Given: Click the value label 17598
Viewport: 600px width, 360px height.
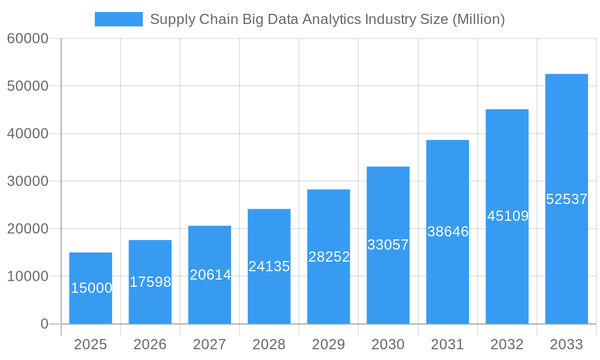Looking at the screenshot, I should pos(150,282).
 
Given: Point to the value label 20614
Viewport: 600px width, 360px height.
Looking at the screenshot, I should pos(210,275).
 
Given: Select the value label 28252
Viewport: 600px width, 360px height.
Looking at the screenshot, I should pos(329,257).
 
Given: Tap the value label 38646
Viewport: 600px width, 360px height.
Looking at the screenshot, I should pos(448,232).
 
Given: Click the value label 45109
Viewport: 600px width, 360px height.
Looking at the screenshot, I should pos(508,216).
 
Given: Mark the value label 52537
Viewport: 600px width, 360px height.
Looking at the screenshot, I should pos(566,199).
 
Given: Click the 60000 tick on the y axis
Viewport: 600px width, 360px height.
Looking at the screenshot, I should pos(28,38).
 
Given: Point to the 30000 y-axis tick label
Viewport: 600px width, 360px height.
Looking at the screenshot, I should pos(28,181).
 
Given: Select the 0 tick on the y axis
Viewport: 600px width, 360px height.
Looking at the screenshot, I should pos(44,324).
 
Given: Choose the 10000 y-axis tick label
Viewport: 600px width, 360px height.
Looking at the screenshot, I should pos(28,277).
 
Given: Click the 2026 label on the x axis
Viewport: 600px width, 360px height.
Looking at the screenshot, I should pos(150,344).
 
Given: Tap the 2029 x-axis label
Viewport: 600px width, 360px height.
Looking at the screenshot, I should pos(329,344).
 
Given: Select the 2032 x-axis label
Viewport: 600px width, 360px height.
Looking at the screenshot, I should pos(507,344).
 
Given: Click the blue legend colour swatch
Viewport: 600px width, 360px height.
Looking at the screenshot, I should pos(119,19).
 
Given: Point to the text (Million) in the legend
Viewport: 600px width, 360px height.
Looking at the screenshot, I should pos(478,19).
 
